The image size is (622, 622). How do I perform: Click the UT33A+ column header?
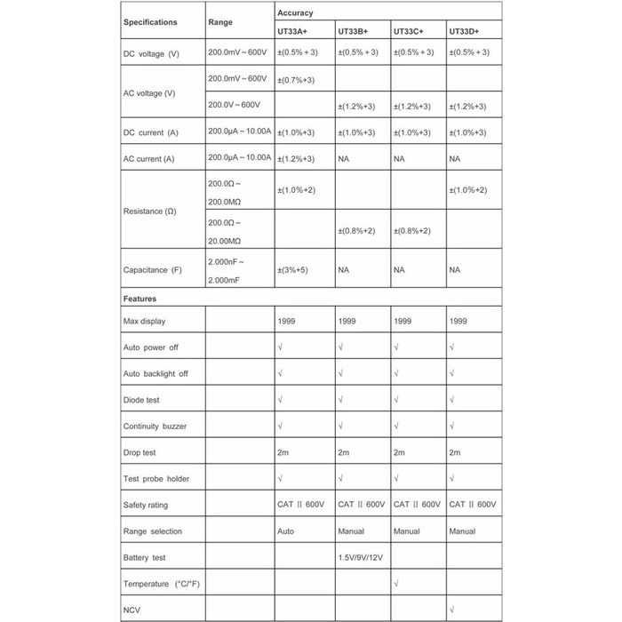(x=293, y=31)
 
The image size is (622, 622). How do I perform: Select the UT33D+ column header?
(x=464, y=31)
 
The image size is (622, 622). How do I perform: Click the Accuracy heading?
(x=295, y=13)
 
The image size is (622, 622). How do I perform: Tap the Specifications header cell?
(x=150, y=22)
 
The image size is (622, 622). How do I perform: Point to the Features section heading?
(x=140, y=299)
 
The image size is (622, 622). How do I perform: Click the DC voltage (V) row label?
(x=151, y=54)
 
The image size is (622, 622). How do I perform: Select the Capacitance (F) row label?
(x=152, y=270)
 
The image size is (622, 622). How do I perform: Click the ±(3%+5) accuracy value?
(x=292, y=270)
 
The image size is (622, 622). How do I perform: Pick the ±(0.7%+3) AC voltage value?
(x=296, y=80)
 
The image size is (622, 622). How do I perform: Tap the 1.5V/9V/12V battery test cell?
(x=361, y=558)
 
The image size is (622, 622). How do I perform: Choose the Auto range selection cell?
(x=286, y=531)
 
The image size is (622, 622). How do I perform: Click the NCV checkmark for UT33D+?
(x=453, y=610)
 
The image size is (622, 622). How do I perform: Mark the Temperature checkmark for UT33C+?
(x=396, y=584)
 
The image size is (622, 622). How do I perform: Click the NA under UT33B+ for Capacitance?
(x=344, y=270)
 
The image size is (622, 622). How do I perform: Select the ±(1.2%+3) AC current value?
(x=296, y=159)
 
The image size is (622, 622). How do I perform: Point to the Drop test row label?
(x=140, y=452)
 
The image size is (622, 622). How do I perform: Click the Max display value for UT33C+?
(x=403, y=321)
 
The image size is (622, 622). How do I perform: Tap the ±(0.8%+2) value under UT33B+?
(x=356, y=231)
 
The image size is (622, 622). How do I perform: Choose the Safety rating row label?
(x=145, y=506)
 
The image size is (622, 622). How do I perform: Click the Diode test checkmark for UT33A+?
(x=281, y=400)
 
